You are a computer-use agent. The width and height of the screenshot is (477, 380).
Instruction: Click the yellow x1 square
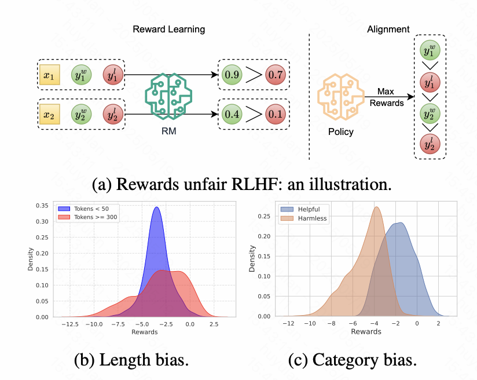pos(51,76)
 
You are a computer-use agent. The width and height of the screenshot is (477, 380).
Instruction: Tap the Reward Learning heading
pos(168,29)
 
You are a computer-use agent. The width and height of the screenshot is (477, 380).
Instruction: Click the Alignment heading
pos(388,29)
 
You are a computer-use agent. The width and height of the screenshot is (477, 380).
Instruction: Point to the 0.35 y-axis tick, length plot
pos(42,206)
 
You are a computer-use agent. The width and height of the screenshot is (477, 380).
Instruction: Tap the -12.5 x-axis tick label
pos(71,324)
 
